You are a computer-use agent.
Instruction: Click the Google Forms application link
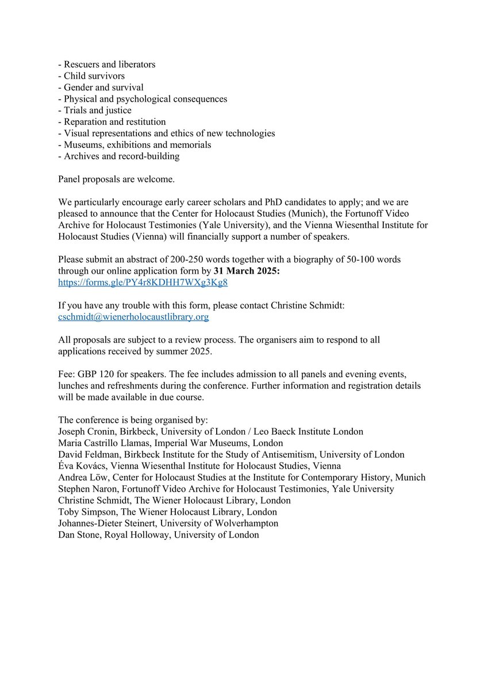pyautogui.click(x=143, y=283)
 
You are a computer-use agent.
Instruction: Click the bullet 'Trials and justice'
pyautogui.click(x=95, y=110)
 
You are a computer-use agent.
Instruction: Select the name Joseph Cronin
pyautogui.click(x=86, y=431)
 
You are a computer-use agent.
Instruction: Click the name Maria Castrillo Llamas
pyautogui.click(x=104, y=443)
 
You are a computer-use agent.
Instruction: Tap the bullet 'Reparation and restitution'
pyautogui.click(x=113, y=122)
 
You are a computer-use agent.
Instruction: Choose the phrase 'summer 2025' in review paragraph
pyautogui.click(x=179, y=351)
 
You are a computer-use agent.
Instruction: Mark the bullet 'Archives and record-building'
pyautogui.click(x=120, y=156)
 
